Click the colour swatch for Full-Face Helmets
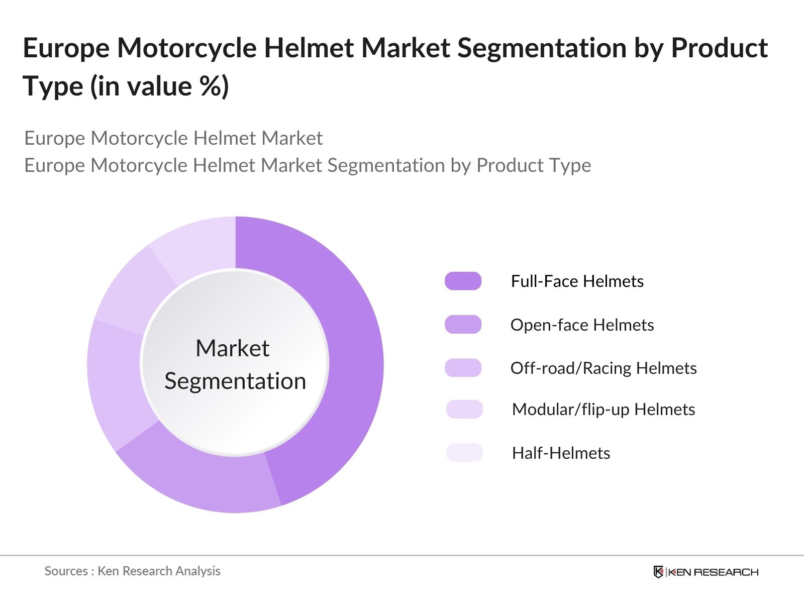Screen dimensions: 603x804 (463, 281)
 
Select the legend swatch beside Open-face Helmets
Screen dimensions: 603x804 (463, 325)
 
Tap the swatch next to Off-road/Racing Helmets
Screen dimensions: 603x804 (463, 368)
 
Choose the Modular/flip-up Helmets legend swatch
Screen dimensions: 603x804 (464, 409)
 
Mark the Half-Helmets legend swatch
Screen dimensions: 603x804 (464, 453)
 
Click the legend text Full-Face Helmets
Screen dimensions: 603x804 (577, 281)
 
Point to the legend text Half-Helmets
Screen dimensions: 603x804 (561, 453)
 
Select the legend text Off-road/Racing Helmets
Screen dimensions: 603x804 (603, 368)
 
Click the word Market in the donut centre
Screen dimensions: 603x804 (232, 348)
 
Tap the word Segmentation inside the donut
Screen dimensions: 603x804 (235, 381)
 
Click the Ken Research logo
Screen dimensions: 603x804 (706, 572)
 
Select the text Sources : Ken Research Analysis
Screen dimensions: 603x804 (132, 571)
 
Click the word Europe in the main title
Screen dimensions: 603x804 (66, 49)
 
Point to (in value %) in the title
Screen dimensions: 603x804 (160, 86)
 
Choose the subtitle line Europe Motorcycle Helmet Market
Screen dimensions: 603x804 (173, 138)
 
